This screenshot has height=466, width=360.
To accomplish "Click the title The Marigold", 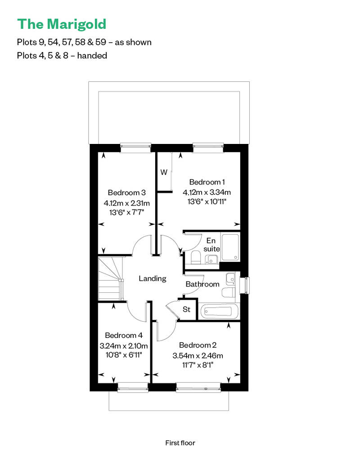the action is (62, 24).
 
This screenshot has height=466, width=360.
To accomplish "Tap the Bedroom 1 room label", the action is (207, 182).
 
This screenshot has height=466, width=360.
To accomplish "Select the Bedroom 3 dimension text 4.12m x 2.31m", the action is (126, 203).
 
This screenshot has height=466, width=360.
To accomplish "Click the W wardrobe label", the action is (164, 172).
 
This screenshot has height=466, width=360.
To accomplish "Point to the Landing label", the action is (153, 278).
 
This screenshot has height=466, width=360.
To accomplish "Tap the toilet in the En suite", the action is (196, 257).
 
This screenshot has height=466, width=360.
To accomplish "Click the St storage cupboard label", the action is (186, 309).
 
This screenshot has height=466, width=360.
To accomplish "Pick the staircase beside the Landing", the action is (110, 279).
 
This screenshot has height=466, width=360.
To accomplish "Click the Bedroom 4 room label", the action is (124, 335).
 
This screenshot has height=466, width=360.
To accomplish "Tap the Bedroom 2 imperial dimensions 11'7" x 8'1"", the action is (198, 365).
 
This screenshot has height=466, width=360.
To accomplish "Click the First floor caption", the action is (180, 443).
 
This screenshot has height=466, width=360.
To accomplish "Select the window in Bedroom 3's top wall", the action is (135, 148).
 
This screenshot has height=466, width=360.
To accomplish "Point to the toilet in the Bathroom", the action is (228, 292).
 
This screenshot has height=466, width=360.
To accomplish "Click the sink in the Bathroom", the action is (230, 278).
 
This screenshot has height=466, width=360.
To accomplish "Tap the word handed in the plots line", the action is (92, 56).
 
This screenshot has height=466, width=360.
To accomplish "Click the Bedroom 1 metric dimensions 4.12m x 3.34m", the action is (207, 192).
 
